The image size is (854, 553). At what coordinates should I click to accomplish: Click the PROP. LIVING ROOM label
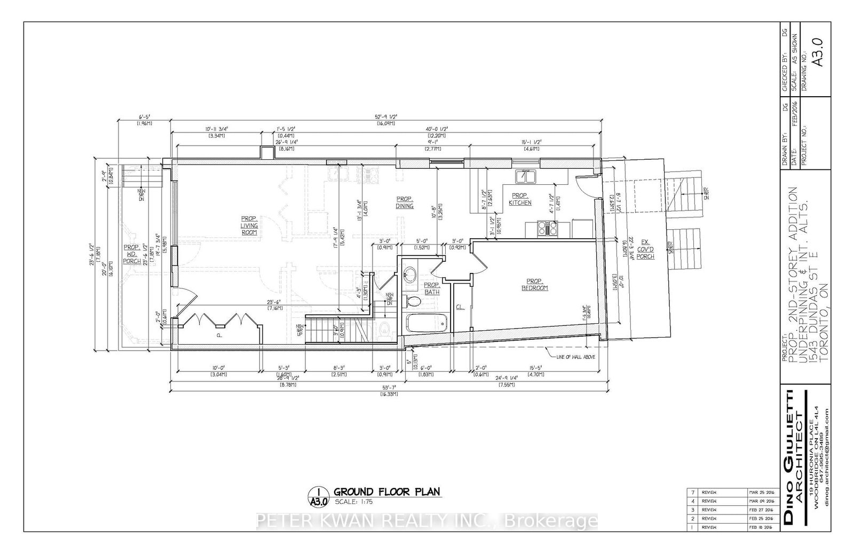249,225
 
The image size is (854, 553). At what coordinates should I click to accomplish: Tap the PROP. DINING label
405,202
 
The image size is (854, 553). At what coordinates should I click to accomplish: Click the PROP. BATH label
431,289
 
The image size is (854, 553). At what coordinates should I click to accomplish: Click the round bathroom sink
410,275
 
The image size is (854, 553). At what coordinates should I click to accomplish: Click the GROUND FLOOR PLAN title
387,492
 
